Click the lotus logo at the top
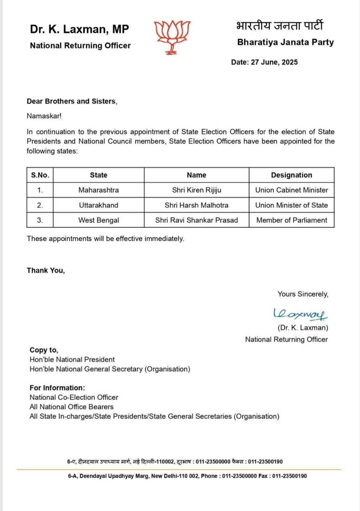[172, 36]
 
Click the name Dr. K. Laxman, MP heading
[79, 29]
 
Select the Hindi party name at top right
[279, 26]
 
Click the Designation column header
[291, 175]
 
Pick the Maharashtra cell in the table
[98, 190]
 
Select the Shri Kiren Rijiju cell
[196, 190]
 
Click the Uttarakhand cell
[98, 205]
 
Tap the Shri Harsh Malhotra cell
[196, 205]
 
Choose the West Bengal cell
[98, 220]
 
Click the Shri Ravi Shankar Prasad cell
[196, 220]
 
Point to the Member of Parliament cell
[291, 220]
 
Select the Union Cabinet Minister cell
[291, 190]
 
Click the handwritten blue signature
[300, 314]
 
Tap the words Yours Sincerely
[303, 294]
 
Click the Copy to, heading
[44, 350]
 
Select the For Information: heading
[57, 388]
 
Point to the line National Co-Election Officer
[74, 397]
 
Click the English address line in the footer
[187, 476]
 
